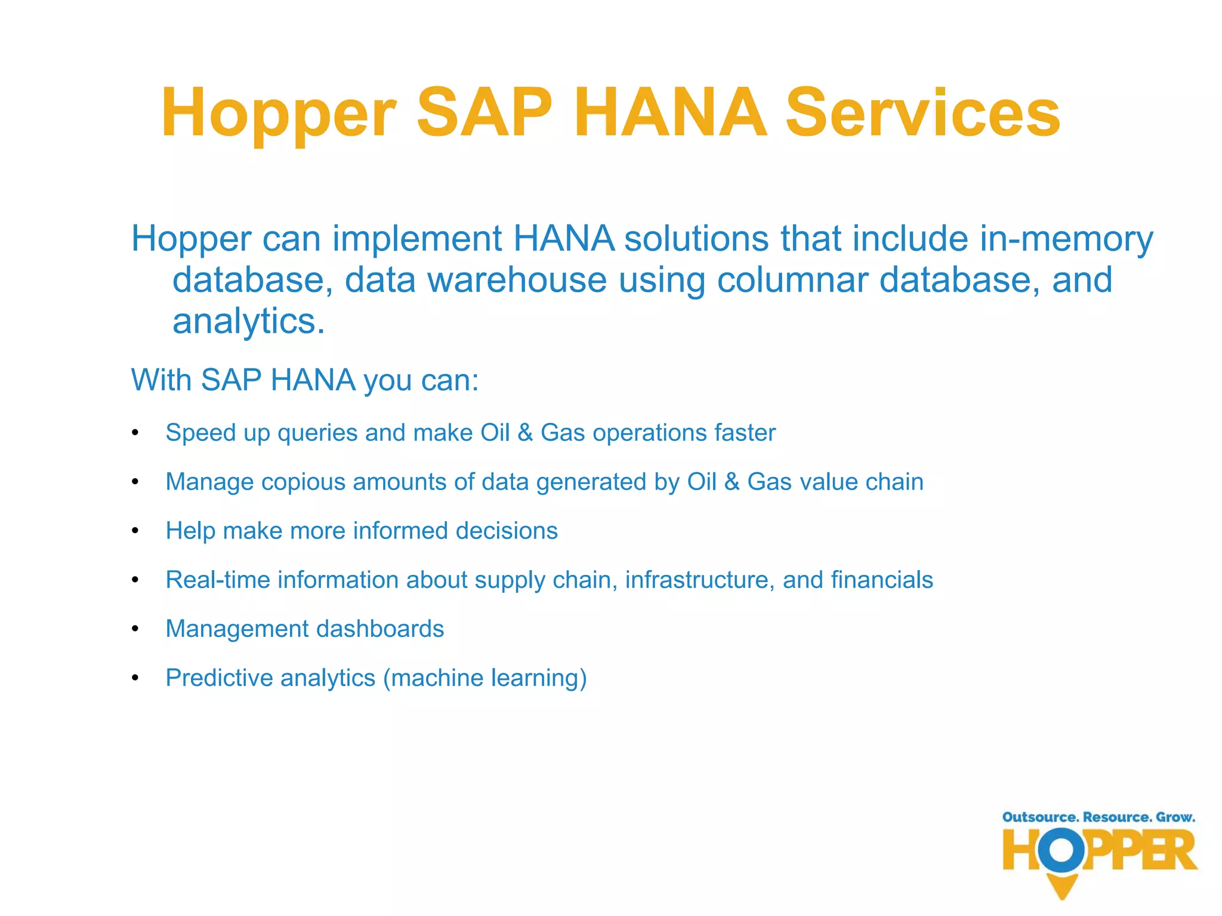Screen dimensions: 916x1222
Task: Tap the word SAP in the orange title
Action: click(x=484, y=113)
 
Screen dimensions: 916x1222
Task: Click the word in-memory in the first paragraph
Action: click(x=1066, y=239)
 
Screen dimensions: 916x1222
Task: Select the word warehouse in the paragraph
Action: click(x=517, y=280)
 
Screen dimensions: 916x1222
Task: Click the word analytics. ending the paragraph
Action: click(x=248, y=321)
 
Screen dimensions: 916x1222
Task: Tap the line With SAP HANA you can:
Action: click(x=304, y=380)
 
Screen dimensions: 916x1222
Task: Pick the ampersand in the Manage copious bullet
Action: click(x=732, y=482)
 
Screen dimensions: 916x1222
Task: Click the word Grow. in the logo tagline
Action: click(x=1175, y=817)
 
